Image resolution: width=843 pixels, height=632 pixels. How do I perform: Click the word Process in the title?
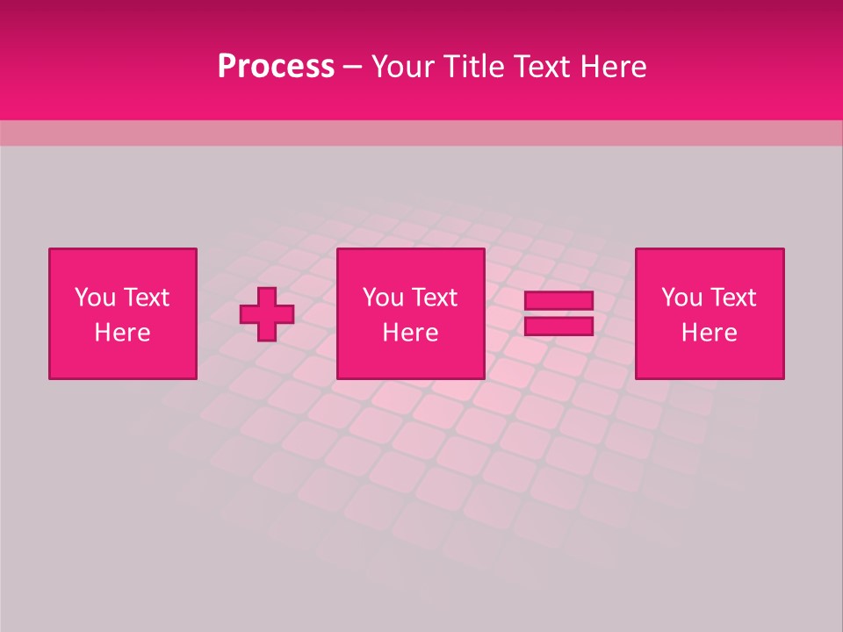[276, 67]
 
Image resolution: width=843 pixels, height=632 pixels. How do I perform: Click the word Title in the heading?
[475, 67]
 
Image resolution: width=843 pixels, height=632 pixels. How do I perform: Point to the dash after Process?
[353, 68]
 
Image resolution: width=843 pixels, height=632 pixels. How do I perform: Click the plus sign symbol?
[267, 314]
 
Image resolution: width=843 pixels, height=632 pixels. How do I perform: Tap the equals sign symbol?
[558, 313]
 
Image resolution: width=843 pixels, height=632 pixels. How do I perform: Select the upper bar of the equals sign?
[558, 301]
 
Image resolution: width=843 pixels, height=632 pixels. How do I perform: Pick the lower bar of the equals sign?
[558, 326]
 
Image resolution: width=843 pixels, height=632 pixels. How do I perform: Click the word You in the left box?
[95, 298]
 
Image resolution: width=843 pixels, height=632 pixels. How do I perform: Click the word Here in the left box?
[122, 333]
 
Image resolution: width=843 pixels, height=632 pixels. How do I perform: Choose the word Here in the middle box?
[410, 333]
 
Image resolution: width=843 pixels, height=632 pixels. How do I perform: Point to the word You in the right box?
[681, 298]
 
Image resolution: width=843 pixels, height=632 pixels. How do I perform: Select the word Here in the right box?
[709, 333]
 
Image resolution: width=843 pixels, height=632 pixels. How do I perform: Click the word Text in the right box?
[733, 298]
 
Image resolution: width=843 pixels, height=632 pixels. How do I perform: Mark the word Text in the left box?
[147, 298]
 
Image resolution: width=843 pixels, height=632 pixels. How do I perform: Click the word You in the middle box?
[383, 298]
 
